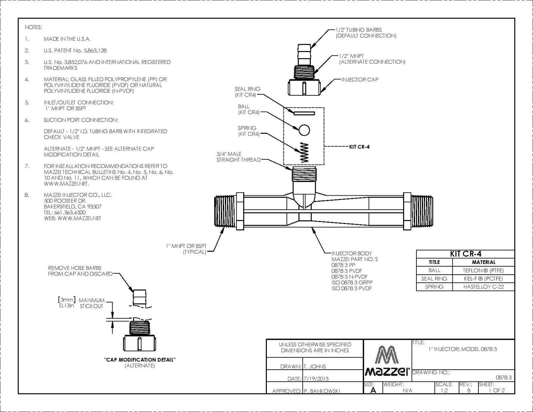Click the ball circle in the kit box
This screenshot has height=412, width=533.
point(304,130)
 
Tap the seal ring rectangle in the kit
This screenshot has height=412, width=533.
point(304,113)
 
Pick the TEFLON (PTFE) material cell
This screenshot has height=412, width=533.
point(483,270)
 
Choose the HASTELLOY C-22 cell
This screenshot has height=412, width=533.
point(483,287)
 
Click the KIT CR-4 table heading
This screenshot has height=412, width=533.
point(465,254)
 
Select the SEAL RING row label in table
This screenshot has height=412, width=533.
point(434,279)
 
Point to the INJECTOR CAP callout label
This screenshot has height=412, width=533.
point(360,80)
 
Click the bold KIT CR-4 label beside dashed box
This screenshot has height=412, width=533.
point(359,147)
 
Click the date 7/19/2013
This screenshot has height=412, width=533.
point(316,379)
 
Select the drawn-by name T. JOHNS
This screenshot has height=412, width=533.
point(315,367)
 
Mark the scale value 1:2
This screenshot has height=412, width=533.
point(444,390)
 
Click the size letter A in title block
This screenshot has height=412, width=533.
point(373,390)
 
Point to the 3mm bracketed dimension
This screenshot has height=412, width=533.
point(67,300)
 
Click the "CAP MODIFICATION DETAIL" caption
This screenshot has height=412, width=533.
point(140,360)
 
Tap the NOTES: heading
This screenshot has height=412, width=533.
point(33,27)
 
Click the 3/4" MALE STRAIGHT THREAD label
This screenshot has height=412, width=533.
point(238,157)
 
